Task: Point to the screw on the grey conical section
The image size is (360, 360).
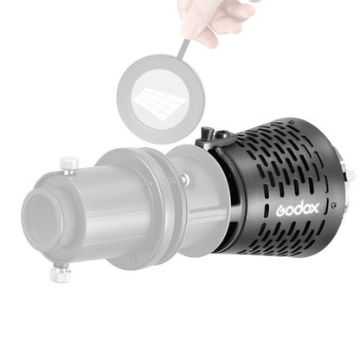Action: tap(185, 179)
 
